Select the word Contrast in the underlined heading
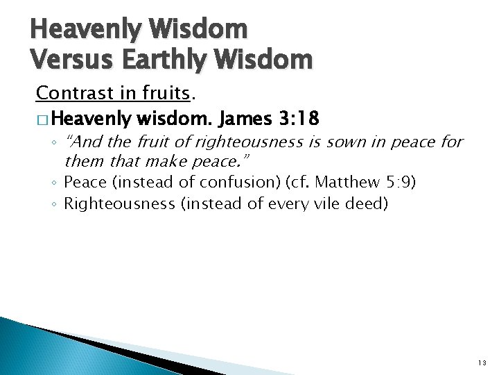[67, 92]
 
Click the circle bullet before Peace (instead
[55, 183]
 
